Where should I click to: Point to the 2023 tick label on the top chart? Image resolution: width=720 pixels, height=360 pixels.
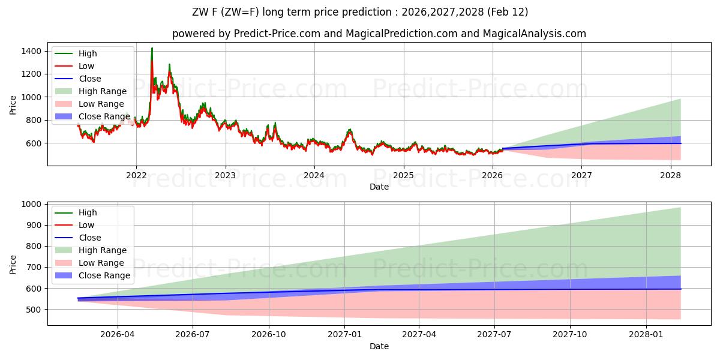click(226, 175)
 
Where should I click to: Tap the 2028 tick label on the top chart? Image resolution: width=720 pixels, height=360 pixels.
click(670, 175)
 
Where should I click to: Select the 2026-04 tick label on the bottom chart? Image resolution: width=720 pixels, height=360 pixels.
click(118, 335)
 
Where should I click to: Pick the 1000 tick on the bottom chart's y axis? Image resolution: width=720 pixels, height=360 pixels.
click(32, 205)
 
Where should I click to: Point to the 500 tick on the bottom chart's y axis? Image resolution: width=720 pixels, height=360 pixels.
click(34, 310)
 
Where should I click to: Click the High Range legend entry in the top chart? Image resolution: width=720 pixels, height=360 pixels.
click(103, 91)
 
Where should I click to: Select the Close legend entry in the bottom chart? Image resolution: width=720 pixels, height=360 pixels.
click(90, 238)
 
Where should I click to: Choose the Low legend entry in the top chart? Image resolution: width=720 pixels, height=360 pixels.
click(86, 66)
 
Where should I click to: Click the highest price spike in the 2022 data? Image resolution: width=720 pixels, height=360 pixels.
click(152, 48)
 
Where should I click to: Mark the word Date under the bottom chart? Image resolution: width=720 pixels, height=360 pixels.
click(379, 346)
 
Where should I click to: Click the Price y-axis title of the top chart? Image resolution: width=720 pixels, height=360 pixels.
click(13, 104)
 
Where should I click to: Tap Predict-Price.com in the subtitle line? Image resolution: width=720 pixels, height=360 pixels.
click(277, 34)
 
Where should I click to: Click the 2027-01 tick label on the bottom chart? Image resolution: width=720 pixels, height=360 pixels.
click(344, 335)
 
